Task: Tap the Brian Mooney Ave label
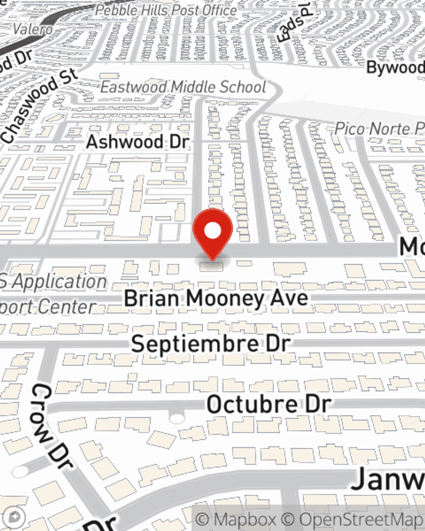coord(216,298)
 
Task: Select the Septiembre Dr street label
coord(211,343)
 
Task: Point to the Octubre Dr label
coord(269,404)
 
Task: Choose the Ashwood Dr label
coord(137,141)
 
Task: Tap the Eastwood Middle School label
coord(183,87)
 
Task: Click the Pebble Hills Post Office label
coord(166,10)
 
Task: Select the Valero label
coord(33,29)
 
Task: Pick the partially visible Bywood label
coord(395,68)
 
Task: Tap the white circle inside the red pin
coord(213,231)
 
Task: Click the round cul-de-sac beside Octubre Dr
coord(176,418)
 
